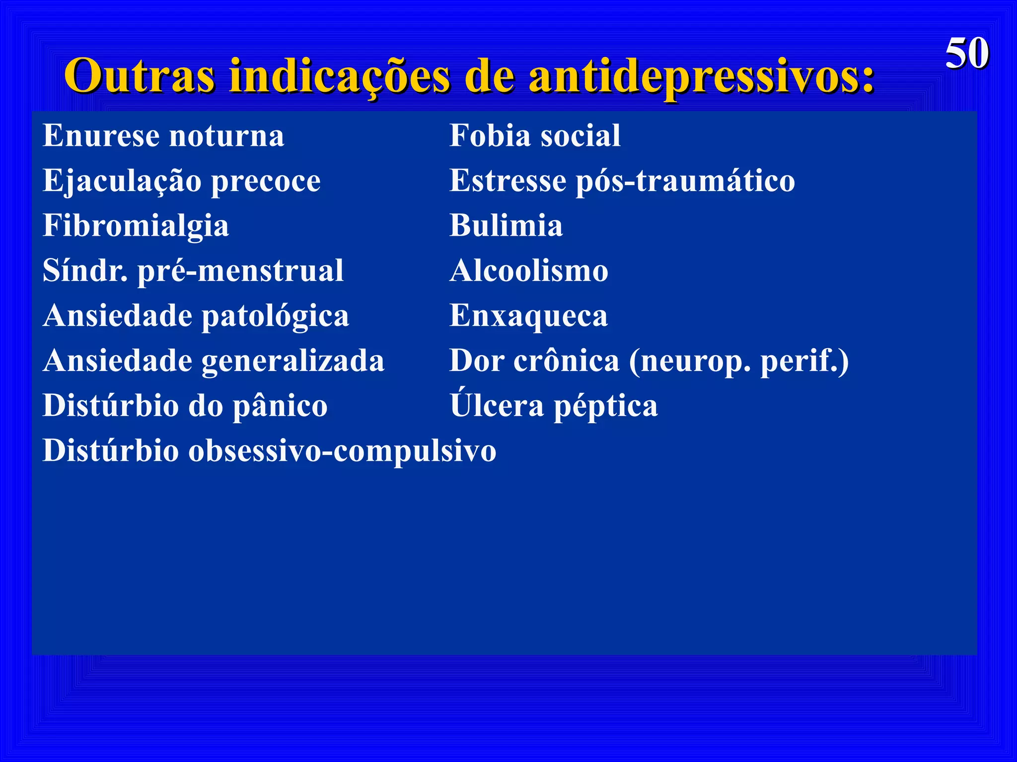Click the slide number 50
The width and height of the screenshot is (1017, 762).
(x=966, y=54)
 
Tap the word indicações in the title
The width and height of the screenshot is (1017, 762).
(x=340, y=76)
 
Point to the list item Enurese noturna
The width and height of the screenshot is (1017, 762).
(x=163, y=135)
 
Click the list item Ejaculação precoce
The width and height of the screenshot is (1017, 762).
(x=181, y=181)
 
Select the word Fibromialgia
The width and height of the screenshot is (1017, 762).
(x=136, y=226)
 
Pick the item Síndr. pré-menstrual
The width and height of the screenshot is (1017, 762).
(x=193, y=271)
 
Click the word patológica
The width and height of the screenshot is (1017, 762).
(x=275, y=316)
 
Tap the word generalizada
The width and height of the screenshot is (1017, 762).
(x=293, y=361)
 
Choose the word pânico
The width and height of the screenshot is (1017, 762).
(x=280, y=406)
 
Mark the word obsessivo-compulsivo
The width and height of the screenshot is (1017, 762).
(x=342, y=451)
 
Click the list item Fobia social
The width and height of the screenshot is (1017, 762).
(x=535, y=135)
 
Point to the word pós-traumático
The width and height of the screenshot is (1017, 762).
(x=685, y=181)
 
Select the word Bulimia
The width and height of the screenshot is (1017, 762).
(x=506, y=226)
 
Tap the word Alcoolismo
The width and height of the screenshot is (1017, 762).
(x=529, y=271)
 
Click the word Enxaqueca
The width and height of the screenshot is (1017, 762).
(x=528, y=316)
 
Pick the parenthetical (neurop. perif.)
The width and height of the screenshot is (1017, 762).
(x=739, y=361)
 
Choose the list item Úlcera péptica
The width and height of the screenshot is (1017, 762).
(x=554, y=405)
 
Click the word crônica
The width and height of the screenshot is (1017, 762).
(x=566, y=361)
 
